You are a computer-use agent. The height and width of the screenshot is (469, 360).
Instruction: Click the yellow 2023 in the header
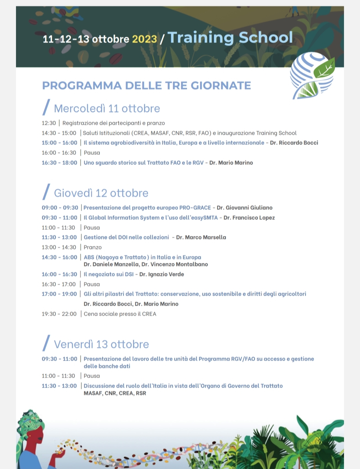(144, 39)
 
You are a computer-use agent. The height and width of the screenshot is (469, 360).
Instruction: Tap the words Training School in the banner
(230, 38)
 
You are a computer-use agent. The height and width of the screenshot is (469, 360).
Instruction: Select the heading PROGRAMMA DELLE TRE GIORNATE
(146, 86)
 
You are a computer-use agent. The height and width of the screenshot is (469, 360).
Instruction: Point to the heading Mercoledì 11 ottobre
(107, 109)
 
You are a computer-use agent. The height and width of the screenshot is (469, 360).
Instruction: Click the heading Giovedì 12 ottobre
(101, 193)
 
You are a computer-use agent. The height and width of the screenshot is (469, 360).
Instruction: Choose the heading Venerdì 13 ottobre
(101, 344)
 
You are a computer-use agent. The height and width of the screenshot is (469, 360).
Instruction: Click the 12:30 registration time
(49, 123)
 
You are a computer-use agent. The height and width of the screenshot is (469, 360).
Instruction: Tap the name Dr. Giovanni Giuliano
(244, 208)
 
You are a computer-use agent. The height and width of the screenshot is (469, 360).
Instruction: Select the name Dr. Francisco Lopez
(249, 218)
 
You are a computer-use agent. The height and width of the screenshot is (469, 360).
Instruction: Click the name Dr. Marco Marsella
(201, 237)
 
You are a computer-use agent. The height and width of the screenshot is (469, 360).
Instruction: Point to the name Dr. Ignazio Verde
(162, 274)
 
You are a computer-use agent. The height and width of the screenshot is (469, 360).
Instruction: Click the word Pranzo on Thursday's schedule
(93, 247)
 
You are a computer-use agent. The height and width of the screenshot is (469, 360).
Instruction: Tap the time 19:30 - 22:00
(59, 314)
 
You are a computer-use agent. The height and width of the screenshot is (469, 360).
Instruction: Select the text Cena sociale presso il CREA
(120, 314)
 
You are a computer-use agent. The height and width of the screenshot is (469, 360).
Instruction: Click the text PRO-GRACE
(195, 208)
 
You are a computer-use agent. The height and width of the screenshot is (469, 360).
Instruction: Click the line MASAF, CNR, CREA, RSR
(115, 393)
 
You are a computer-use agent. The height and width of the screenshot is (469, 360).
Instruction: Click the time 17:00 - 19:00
(59, 294)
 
